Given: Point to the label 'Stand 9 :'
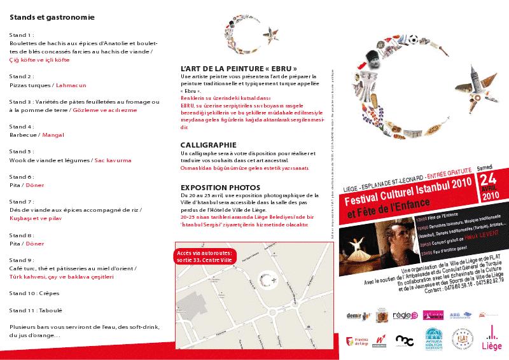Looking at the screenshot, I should tap(23, 260).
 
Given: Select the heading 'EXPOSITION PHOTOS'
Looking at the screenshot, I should tap(220, 188).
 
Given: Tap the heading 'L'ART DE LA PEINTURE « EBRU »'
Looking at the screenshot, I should tap(239, 67).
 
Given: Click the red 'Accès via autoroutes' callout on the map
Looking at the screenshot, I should tap(204, 256).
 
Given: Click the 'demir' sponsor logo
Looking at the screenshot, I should tap(354, 315).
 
